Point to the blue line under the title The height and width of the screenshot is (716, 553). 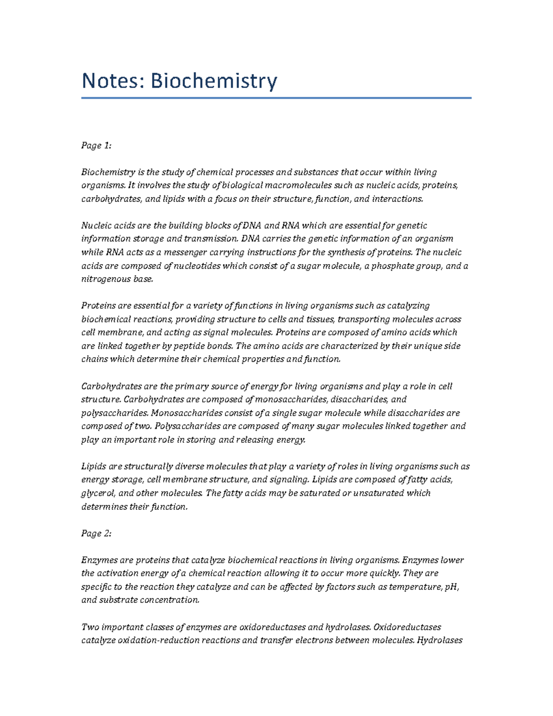pos(276,98)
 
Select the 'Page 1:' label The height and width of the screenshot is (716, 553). pos(96,146)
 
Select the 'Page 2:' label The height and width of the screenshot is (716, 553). pos(96,533)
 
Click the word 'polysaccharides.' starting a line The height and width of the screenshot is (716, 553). pos(115,413)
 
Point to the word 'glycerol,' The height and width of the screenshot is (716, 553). pos(99,493)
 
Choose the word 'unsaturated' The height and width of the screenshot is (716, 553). pos(379,493)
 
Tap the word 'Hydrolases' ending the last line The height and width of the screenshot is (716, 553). pos(440,640)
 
